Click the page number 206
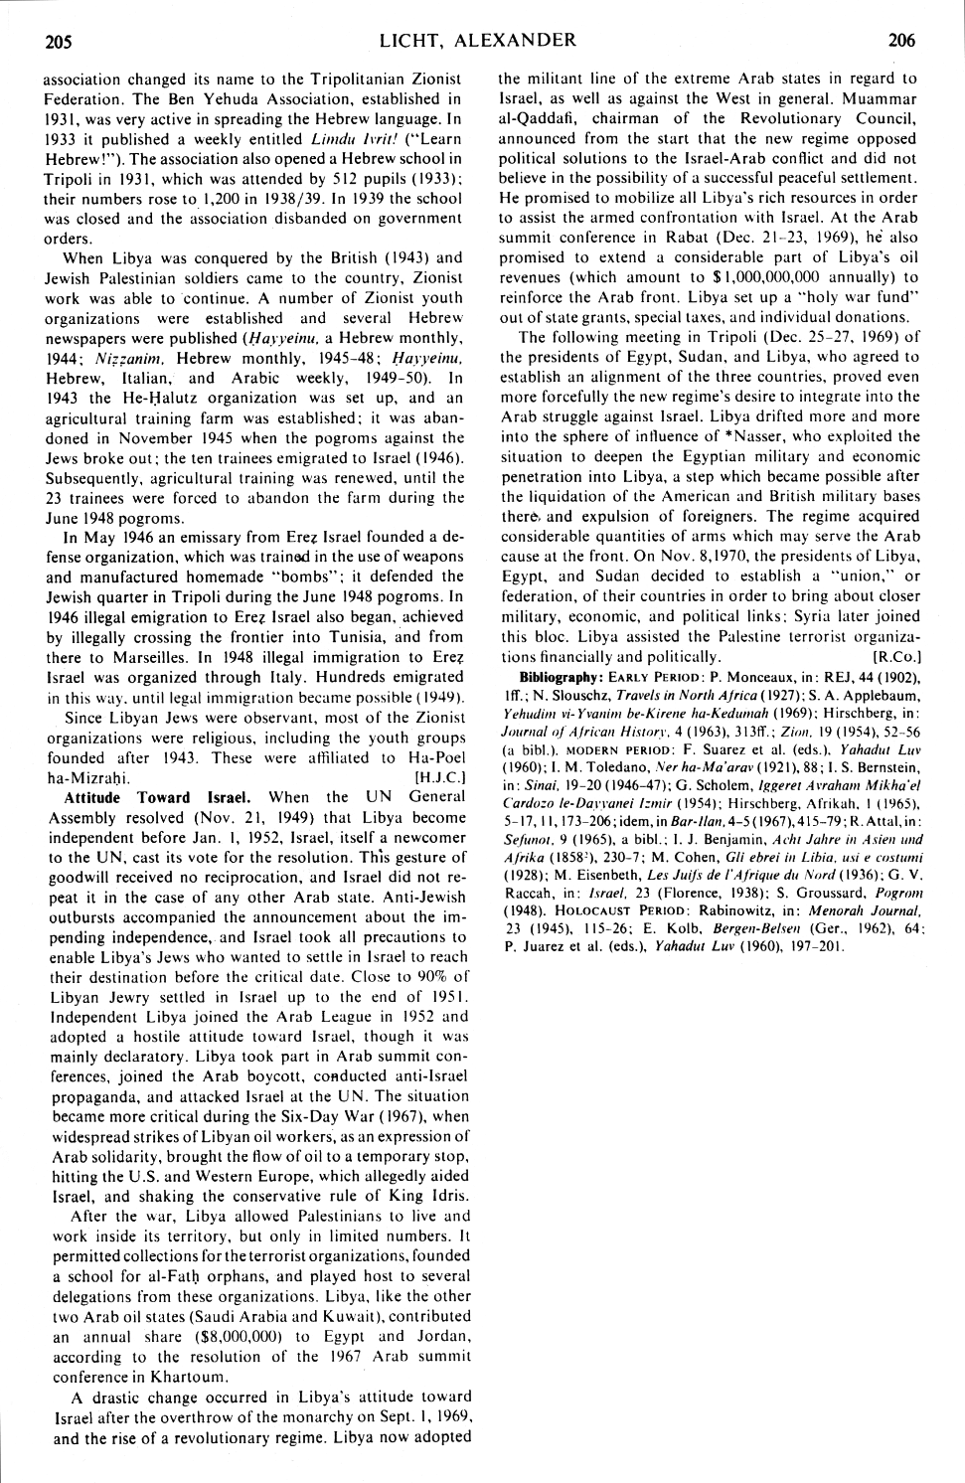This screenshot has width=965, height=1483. click(x=902, y=41)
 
